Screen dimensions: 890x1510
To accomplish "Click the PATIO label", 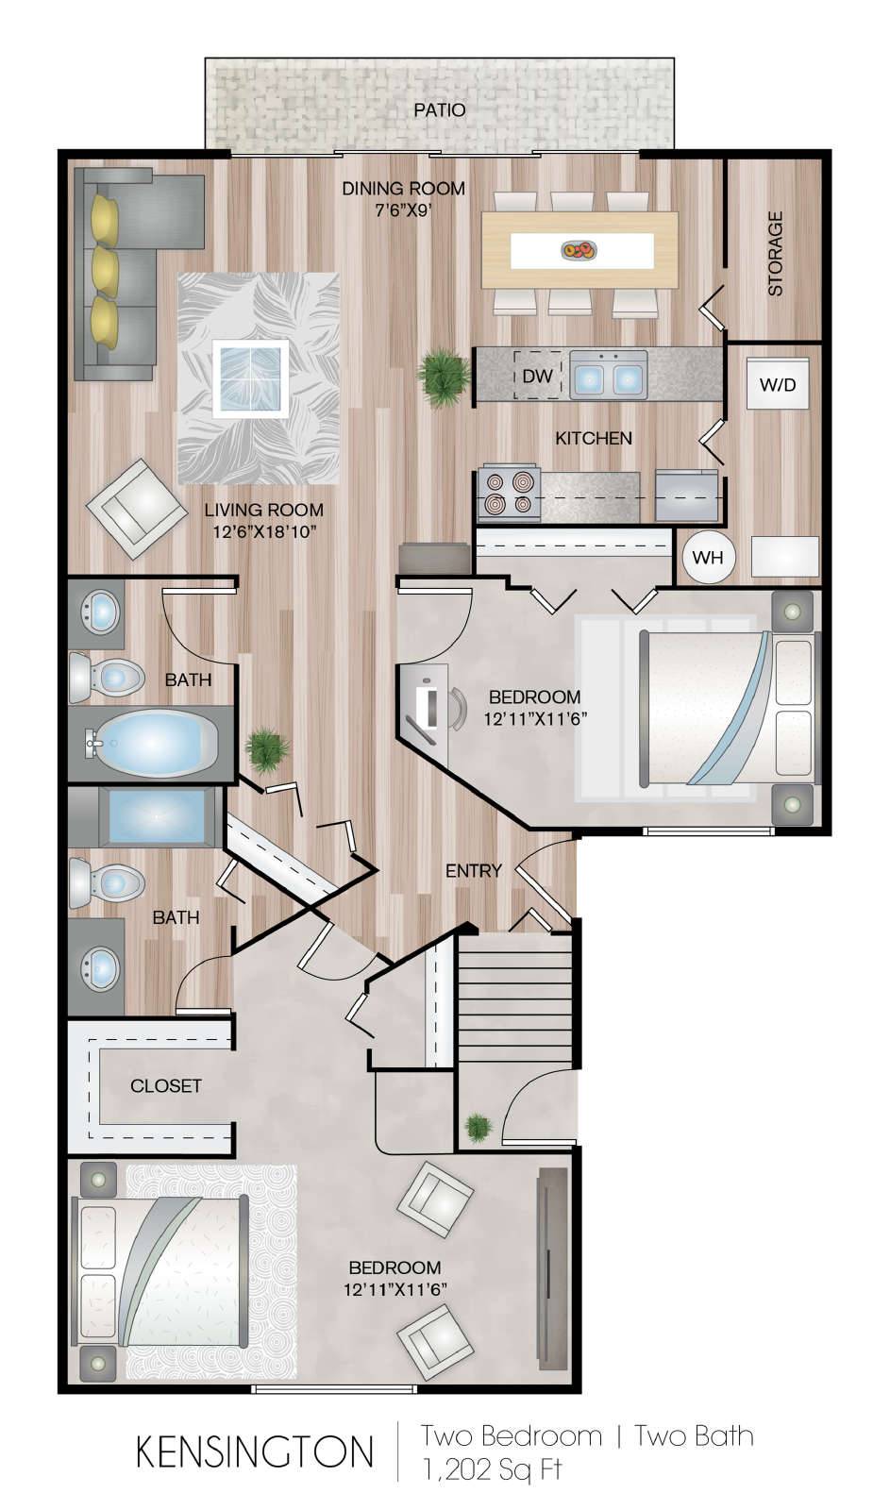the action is [x=440, y=109].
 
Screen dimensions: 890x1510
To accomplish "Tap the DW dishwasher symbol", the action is [x=537, y=375].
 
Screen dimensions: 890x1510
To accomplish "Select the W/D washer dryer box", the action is [x=778, y=383].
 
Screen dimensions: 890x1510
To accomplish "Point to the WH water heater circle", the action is [x=708, y=557].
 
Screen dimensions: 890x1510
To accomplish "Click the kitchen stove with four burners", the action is [x=509, y=494].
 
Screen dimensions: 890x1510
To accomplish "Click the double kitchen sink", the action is [x=608, y=375].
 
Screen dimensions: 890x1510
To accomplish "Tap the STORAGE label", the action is [x=776, y=254].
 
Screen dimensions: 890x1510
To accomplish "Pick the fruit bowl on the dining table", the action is [x=579, y=251].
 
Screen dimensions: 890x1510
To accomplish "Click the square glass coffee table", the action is [x=251, y=378].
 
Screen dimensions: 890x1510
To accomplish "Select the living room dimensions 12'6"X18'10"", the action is [x=264, y=532].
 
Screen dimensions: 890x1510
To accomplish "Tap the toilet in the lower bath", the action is [x=108, y=881].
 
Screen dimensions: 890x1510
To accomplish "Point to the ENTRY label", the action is [x=474, y=871].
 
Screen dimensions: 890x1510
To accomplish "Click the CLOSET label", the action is [x=166, y=1086].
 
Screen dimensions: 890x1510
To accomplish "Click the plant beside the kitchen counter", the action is [x=444, y=377].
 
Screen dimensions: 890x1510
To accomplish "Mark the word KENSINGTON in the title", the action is [x=255, y=1452].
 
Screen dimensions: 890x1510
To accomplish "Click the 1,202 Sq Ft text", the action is [x=493, y=1469].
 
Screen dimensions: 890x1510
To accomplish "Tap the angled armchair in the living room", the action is [x=136, y=509].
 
